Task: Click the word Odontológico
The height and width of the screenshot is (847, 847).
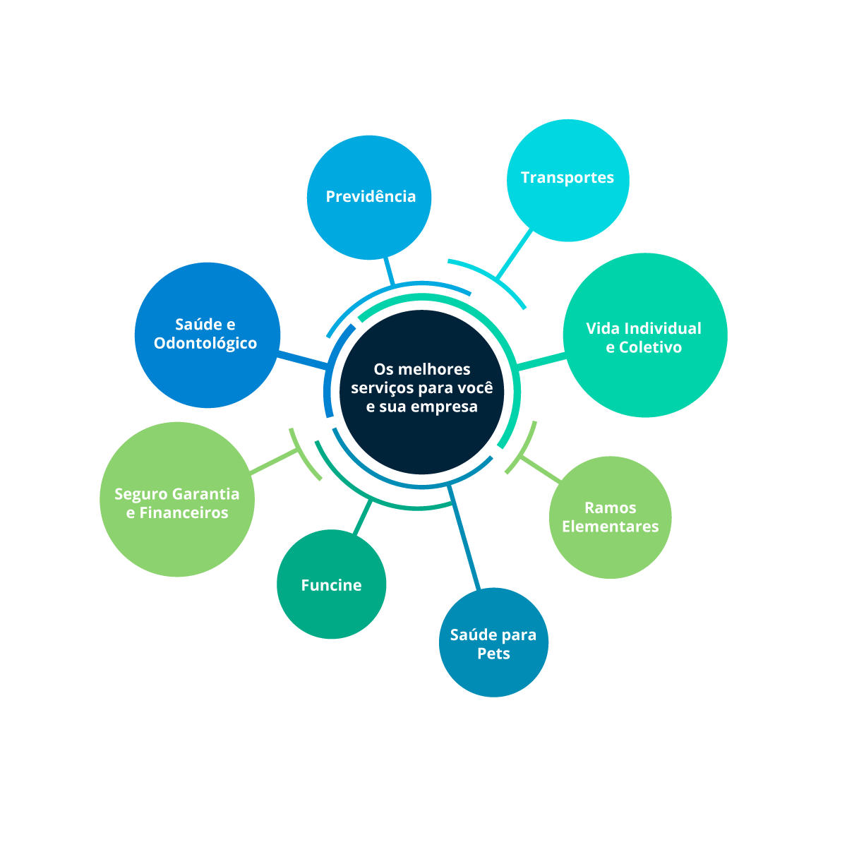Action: point(205,344)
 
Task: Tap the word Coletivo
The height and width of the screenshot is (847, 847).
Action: point(651,347)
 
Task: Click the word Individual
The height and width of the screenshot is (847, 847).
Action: point(663,328)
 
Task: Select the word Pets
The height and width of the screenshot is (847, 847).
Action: point(493,654)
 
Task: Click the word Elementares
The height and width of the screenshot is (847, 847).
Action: point(611,527)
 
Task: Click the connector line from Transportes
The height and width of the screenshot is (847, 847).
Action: point(515,254)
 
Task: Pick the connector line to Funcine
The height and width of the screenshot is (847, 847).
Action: point(361,517)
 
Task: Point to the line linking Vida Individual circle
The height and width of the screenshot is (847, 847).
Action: point(542,361)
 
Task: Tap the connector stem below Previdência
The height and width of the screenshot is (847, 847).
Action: point(388,272)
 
